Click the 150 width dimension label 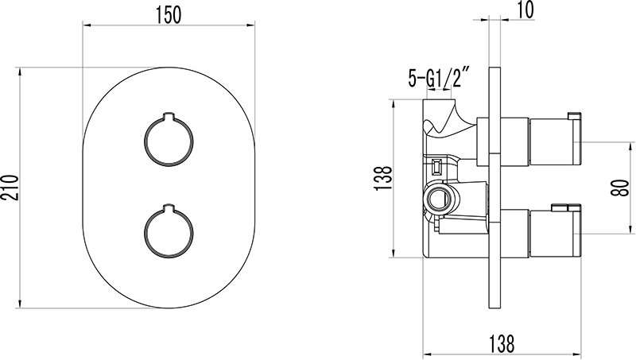169,15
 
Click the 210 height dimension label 10,188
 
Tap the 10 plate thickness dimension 525,10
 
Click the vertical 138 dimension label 383,178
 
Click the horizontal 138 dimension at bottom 502,344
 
